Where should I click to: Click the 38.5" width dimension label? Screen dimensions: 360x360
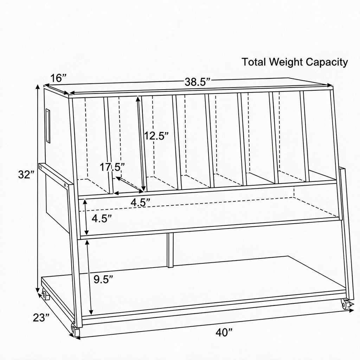[x=198, y=82]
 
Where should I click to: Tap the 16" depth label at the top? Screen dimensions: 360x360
[x=58, y=78]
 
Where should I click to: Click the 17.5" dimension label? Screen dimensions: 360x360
[x=112, y=167]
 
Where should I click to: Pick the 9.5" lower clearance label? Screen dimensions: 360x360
[x=103, y=279]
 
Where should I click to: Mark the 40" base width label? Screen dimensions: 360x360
[x=224, y=332]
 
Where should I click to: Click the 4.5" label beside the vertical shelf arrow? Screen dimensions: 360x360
[x=102, y=218]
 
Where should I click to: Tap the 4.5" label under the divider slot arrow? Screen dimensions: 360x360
[x=141, y=202]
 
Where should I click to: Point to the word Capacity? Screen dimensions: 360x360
[x=327, y=63]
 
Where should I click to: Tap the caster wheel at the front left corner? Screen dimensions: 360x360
[x=75, y=331]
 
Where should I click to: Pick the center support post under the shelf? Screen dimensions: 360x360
[x=170, y=250]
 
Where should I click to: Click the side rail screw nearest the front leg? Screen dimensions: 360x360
[x=65, y=185]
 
